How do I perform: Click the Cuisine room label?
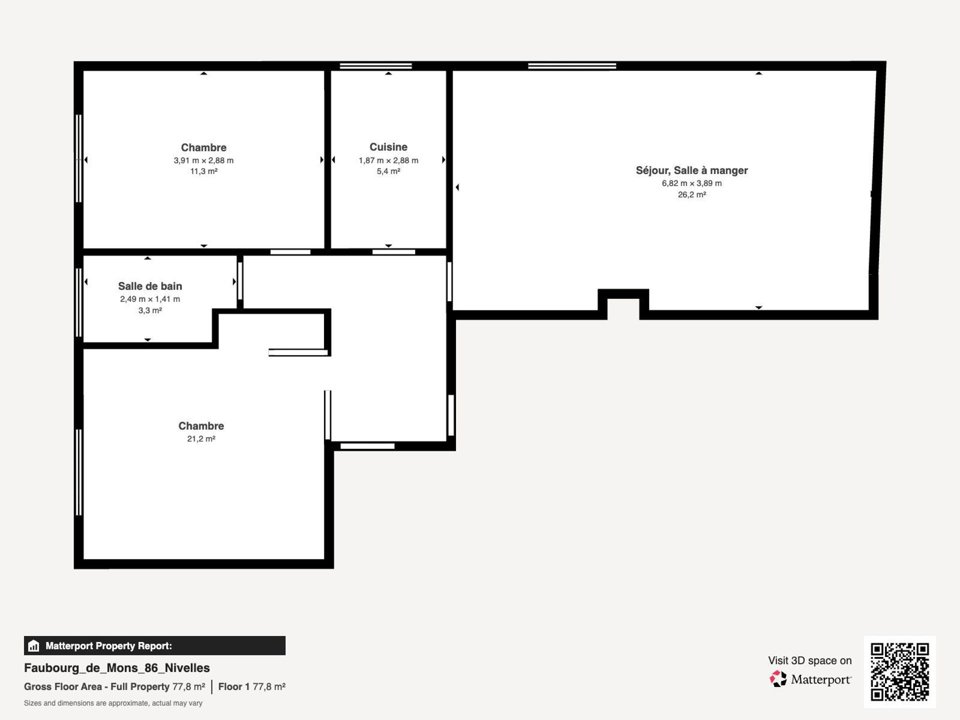388,147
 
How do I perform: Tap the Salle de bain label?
150,286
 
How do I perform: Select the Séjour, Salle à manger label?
692,170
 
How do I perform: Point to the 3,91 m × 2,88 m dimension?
203,160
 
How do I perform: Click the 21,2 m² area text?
201,439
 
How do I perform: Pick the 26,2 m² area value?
692,195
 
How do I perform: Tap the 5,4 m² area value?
388,171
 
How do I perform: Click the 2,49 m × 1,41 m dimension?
150,299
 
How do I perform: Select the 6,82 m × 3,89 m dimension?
692,183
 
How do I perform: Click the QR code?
900,671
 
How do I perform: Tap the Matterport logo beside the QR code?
810,679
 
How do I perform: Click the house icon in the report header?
33,645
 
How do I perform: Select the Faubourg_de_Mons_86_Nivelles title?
117,668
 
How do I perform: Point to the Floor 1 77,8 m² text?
251,686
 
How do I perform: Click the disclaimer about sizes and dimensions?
113,703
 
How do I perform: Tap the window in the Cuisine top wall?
376,66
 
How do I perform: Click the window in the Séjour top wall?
572,66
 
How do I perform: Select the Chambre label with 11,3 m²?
203,147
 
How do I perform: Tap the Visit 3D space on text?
810,660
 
